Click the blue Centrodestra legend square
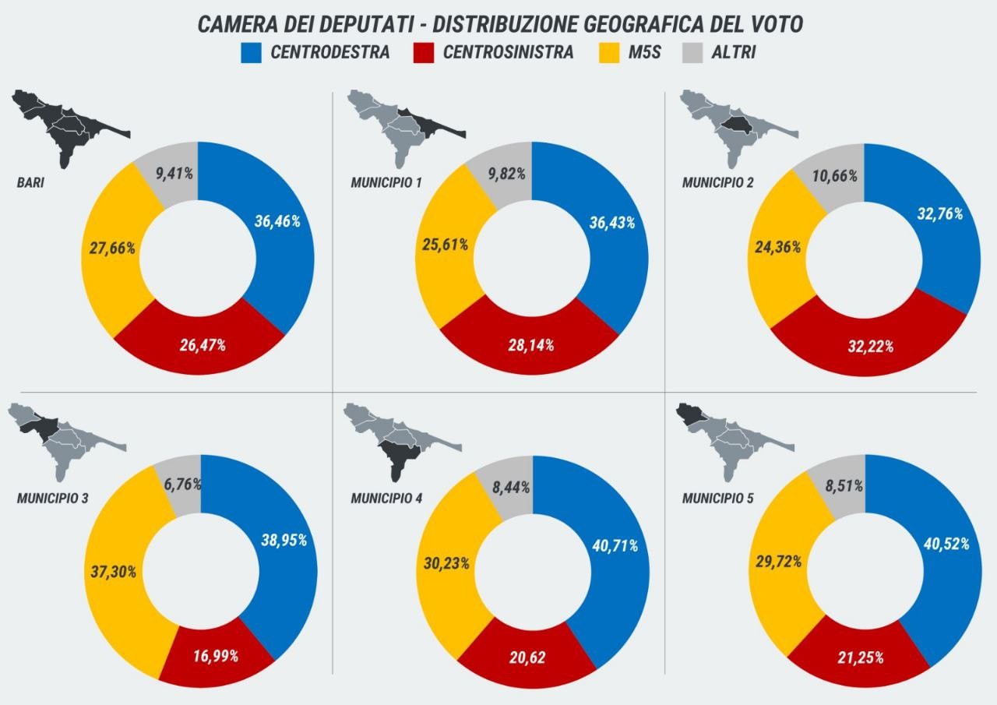click(252, 53)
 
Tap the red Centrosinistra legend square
click(425, 53)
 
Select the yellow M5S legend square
click(610, 53)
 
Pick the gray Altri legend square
click(692, 53)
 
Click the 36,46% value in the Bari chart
click(277, 220)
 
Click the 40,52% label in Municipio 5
click(946, 544)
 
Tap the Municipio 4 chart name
click(386, 498)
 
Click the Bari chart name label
click(30, 185)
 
